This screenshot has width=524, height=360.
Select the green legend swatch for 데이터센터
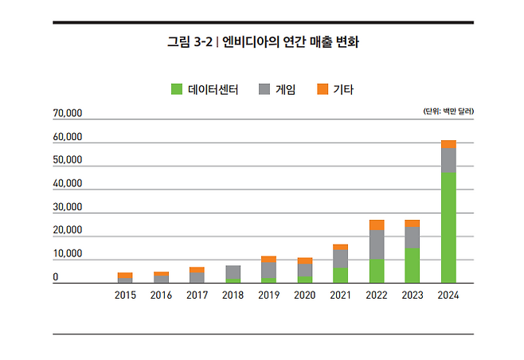176,89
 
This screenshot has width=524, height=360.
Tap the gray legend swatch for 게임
264,89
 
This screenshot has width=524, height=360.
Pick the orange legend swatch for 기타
322,89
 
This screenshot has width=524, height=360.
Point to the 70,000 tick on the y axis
68,114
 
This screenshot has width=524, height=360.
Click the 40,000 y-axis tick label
68,184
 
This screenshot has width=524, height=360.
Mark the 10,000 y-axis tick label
68,254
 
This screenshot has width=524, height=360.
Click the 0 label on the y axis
56,277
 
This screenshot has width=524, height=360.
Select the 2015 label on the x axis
125,295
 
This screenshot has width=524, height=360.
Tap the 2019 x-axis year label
268,295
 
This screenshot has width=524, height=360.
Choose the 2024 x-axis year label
448,295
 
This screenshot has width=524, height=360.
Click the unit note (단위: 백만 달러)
448,112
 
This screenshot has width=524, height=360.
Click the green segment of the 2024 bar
448,228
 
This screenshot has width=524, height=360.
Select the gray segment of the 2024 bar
448,160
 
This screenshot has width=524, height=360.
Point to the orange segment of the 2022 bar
377,225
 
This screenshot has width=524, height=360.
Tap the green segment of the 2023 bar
413,265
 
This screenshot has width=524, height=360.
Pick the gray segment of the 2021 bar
340,258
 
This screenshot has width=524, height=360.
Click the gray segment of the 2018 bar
233,272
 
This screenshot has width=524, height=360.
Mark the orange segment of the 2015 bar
125,276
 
